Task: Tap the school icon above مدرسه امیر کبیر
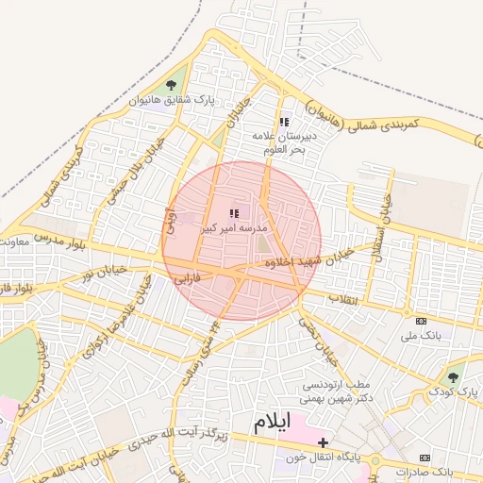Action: tap(234, 214)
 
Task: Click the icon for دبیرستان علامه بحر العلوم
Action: tap(284, 122)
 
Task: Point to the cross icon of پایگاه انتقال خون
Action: tap(323, 441)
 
